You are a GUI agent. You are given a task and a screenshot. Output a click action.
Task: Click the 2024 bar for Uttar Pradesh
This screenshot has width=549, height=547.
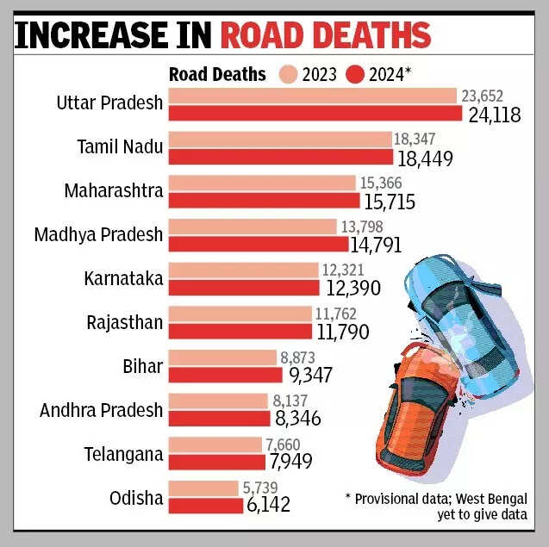(x=315, y=113)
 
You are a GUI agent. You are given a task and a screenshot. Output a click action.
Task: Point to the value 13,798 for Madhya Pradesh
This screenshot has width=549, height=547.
(x=364, y=227)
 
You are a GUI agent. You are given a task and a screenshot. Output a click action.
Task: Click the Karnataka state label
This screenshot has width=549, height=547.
(x=123, y=278)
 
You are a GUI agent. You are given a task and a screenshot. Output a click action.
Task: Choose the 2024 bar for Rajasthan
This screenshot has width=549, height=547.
(x=240, y=331)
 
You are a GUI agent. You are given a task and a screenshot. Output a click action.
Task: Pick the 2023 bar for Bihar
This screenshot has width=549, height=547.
(x=222, y=357)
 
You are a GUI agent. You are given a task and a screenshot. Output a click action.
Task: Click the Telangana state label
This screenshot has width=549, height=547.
(x=122, y=454)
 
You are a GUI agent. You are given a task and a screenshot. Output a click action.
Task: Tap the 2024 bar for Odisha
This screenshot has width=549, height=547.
(x=205, y=506)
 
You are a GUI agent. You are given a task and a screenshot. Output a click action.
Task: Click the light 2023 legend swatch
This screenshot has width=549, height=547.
(x=286, y=74)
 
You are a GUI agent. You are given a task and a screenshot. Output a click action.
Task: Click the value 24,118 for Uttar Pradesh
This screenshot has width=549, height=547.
(x=493, y=115)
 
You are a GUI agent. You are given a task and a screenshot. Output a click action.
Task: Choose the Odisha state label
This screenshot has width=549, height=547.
(x=136, y=498)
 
